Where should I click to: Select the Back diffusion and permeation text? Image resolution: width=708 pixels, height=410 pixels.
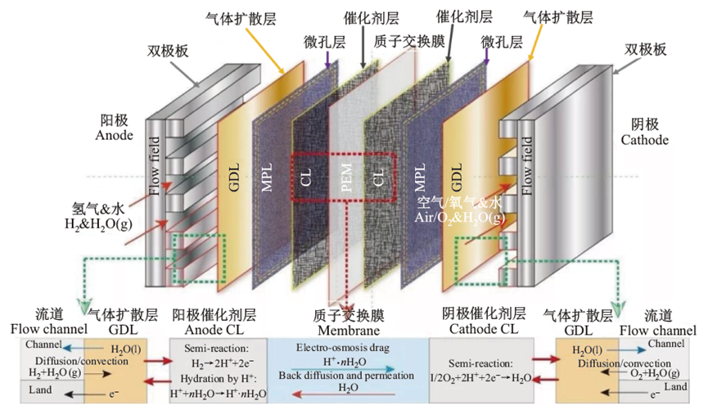pos(349,374)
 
